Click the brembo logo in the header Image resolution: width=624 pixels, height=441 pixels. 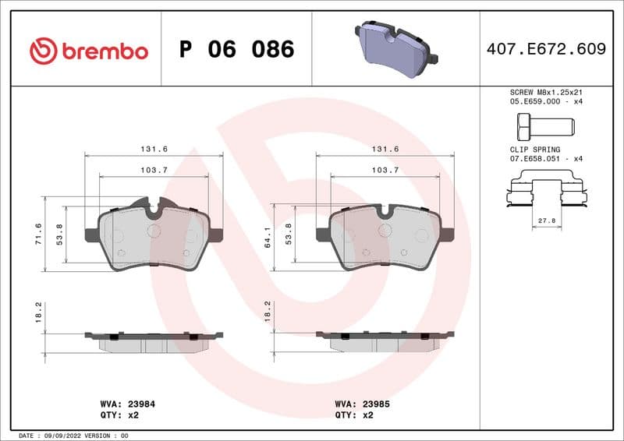coord(88,51)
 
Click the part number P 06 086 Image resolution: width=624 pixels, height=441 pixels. coord(236,50)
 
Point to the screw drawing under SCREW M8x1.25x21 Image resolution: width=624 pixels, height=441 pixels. coord(544,125)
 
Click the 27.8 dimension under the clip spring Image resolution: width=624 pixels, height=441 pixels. coord(547,221)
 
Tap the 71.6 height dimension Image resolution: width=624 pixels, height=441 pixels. coord(38,235)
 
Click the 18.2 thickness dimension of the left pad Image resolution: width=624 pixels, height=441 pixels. coord(38,310)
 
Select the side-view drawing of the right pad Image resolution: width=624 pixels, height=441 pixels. coord(385,340)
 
